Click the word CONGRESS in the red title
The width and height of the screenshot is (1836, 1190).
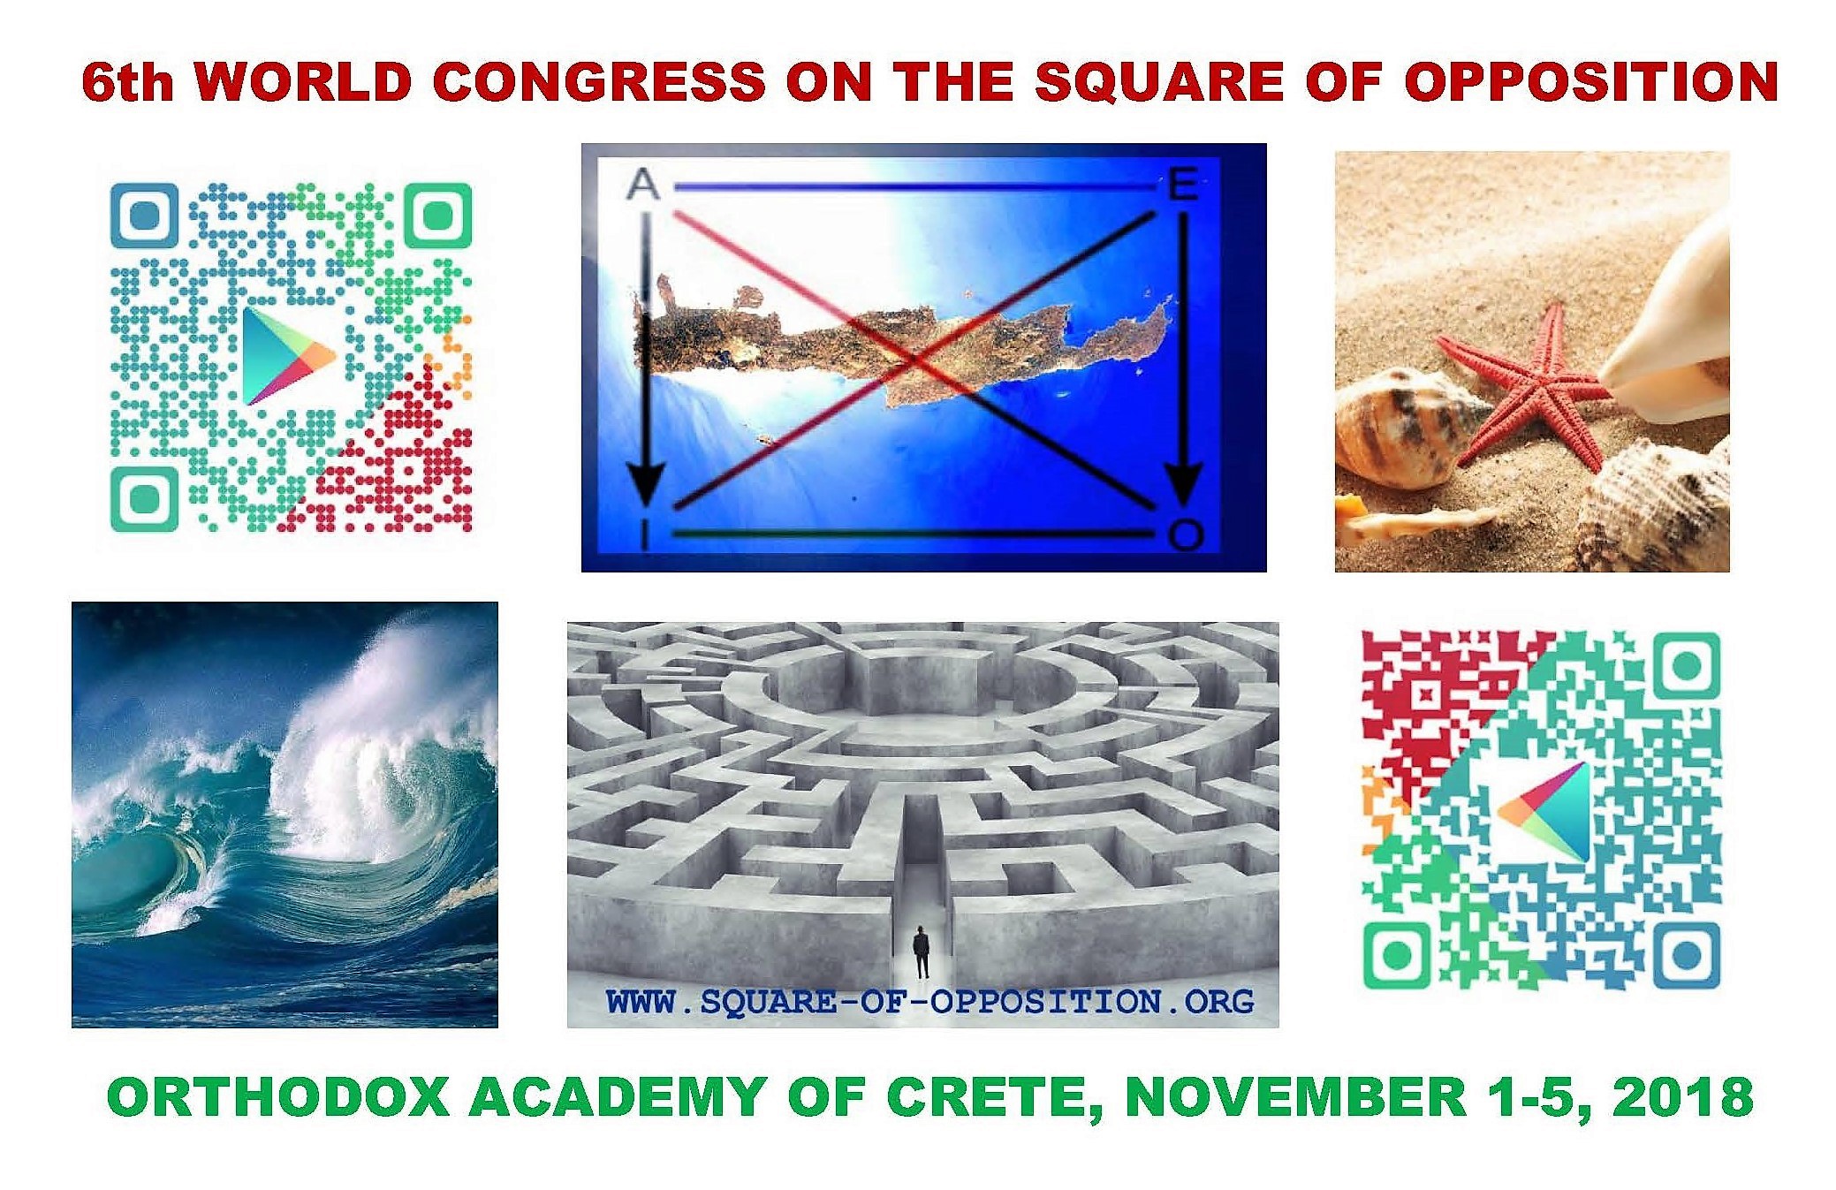pyautogui.click(x=598, y=81)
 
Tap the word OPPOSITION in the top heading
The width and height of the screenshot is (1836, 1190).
pyautogui.click(x=1590, y=81)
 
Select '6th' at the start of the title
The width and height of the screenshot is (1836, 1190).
pyautogui.click(x=126, y=82)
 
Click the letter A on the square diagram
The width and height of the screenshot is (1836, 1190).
pyautogui.click(x=642, y=185)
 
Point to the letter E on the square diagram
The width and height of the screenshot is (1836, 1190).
pyautogui.click(x=1182, y=186)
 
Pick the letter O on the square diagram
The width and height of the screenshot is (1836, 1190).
pyautogui.click(x=1185, y=534)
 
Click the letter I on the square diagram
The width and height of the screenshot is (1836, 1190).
pyautogui.click(x=645, y=534)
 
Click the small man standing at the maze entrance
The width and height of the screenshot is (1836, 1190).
pyautogui.click(x=922, y=951)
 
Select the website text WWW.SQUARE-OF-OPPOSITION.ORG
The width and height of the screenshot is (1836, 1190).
pyautogui.click(x=929, y=1001)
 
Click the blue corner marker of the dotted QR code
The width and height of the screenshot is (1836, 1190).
pyautogui.click(x=144, y=216)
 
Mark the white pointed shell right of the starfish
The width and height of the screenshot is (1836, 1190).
pyautogui.click(x=1670, y=336)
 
